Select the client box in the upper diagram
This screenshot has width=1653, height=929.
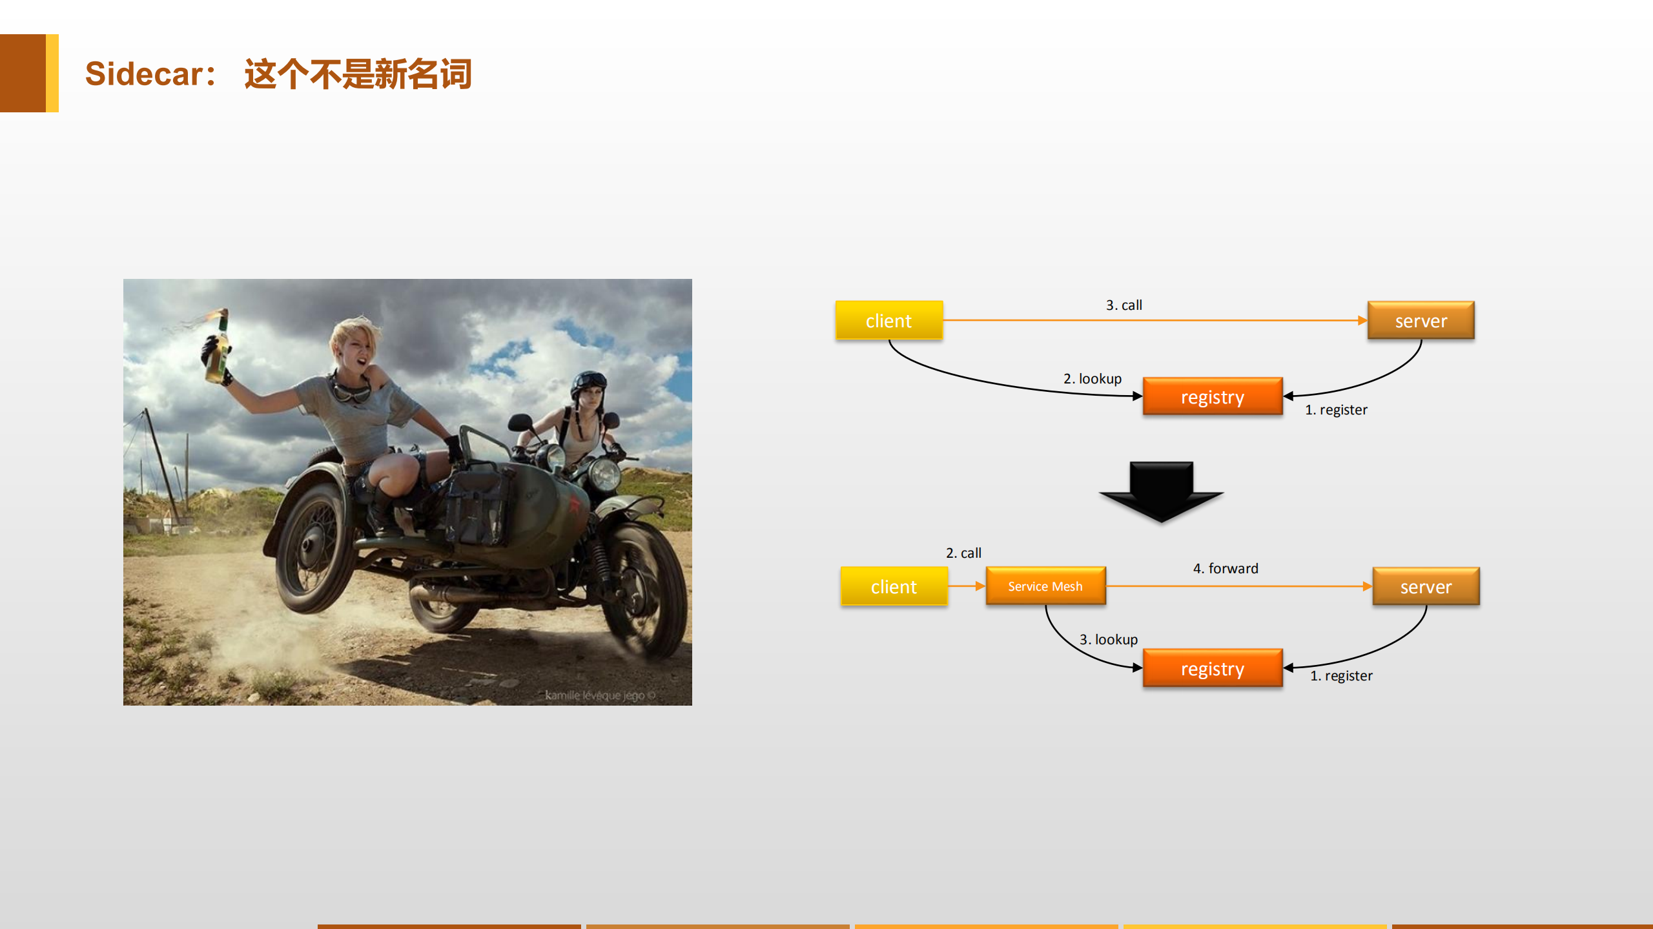[888, 320]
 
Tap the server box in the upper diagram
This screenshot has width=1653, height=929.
[1421, 320]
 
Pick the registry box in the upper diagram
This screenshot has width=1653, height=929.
[1212, 396]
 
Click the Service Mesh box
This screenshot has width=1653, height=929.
[1045, 586]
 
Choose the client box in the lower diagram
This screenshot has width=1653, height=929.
[894, 586]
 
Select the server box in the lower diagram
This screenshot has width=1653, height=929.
[1426, 586]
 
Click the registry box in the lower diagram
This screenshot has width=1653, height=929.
[1212, 668]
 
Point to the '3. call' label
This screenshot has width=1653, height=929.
[1124, 305]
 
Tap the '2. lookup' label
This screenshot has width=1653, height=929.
[1092, 378]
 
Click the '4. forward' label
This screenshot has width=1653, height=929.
[1225, 568]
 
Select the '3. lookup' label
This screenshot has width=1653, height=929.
[1108, 639]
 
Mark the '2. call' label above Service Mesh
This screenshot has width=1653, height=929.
[963, 553]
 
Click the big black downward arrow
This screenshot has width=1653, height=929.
[1161, 491]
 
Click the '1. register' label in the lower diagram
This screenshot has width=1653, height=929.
[1340, 675]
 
